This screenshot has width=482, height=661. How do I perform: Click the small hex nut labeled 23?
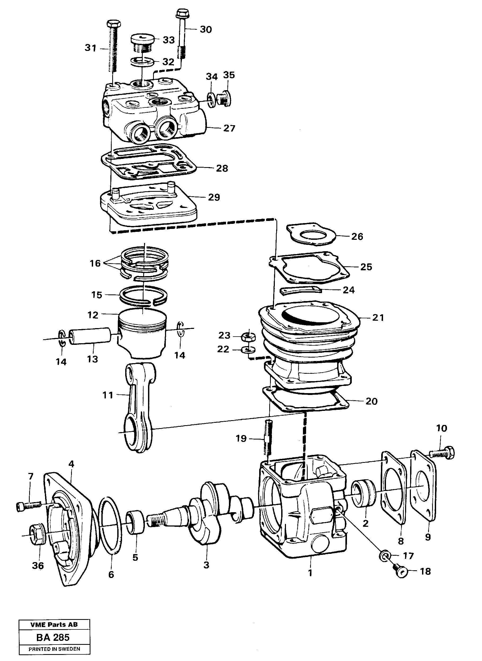click(248, 337)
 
